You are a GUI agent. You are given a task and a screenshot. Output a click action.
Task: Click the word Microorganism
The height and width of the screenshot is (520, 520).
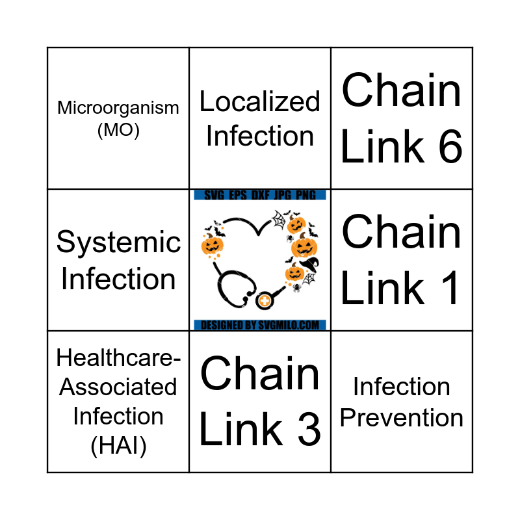[x=118, y=108]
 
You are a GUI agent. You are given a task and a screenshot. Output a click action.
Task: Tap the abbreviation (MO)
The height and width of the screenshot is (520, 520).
[x=118, y=130]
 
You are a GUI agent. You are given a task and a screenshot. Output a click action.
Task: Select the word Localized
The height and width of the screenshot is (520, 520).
[x=260, y=102]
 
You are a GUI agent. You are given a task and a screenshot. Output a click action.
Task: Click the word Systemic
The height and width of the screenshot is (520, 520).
[x=118, y=242]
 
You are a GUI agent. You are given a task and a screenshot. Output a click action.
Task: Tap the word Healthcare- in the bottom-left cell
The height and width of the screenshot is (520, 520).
[x=118, y=357]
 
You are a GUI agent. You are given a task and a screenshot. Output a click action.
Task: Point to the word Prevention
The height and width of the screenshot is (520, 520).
[x=402, y=418]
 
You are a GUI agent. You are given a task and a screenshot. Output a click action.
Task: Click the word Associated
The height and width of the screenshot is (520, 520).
[x=118, y=387]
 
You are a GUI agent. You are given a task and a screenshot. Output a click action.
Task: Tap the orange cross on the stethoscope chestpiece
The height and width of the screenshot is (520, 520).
[x=264, y=301]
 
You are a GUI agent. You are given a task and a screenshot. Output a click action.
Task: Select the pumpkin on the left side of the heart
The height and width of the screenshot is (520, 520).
[x=212, y=245]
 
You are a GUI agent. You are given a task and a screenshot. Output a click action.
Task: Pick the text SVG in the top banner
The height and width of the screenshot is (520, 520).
[x=213, y=195]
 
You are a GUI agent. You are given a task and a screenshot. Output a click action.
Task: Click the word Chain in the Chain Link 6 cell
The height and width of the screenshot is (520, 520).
[x=402, y=91]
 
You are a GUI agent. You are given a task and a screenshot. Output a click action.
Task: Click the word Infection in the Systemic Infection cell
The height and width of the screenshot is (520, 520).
[x=118, y=279]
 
